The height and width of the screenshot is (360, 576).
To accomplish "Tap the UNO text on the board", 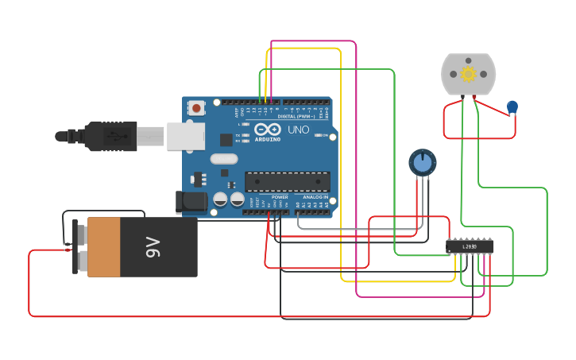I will [298, 130].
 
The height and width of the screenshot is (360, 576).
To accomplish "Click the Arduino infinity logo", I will [269, 130].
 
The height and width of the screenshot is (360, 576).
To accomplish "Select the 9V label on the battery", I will [153, 247].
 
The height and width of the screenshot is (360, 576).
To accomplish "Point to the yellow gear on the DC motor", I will [468, 74].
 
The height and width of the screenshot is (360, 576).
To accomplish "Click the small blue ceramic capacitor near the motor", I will [512, 106].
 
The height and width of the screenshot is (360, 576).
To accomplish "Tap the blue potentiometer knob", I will [423, 162].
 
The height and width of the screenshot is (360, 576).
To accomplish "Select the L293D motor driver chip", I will [470, 246].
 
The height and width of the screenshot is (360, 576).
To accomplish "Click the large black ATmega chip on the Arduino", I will [287, 181].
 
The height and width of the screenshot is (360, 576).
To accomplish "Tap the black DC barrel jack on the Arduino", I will [191, 201].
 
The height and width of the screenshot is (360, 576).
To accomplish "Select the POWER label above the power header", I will [280, 197].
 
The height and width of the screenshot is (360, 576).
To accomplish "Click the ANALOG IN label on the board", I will [315, 197].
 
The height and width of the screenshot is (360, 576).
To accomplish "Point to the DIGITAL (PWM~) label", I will [296, 116].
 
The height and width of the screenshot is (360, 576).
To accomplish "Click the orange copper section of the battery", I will [103, 247].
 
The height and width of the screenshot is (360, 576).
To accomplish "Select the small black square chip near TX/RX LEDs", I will [226, 140].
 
